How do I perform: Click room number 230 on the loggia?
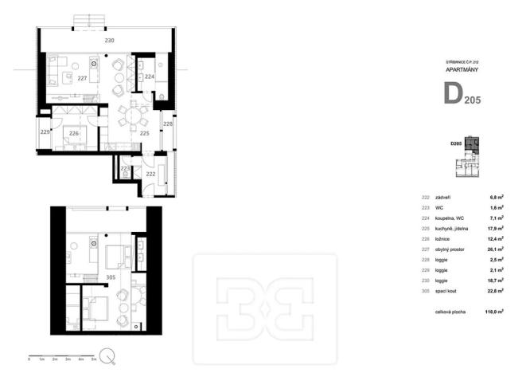pos(110,40)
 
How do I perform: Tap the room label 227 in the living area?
pos(82,78)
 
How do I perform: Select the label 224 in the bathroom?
pos(150,77)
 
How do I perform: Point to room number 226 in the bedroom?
pos(73,133)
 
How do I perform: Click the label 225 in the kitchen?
pos(144,134)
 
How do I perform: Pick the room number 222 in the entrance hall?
pos(150,173)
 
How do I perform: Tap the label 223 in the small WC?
pos(125,169)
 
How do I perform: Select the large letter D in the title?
pos(453,93)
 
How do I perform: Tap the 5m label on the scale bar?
pos(95,360)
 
